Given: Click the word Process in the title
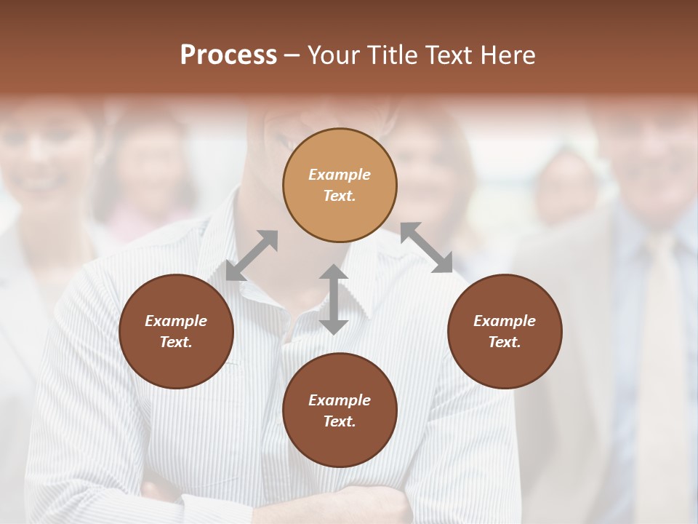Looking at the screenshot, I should coord(228,55).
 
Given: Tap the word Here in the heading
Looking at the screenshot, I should coord(507,55).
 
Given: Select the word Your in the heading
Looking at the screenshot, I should coord(332,55).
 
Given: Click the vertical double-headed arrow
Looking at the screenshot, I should coord(334,299).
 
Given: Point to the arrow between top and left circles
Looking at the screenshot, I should coord(252,255).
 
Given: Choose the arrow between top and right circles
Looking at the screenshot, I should coord(426,247).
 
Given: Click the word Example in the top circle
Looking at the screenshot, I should coord(340,175).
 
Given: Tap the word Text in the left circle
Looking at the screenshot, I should coord(176,342).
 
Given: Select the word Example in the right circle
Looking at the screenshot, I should coord(505,321).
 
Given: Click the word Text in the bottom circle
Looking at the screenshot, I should coord(340,421).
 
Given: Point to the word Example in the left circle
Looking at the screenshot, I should coord(176,321).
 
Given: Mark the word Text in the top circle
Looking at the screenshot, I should coord(340,196).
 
